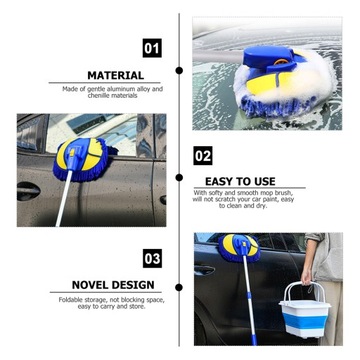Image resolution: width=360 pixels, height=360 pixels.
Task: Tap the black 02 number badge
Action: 203,156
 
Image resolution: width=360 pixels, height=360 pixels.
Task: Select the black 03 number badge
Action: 152,258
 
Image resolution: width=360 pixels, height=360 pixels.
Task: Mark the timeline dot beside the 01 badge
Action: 179,70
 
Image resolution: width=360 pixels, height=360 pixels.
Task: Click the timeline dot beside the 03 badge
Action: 179,287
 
